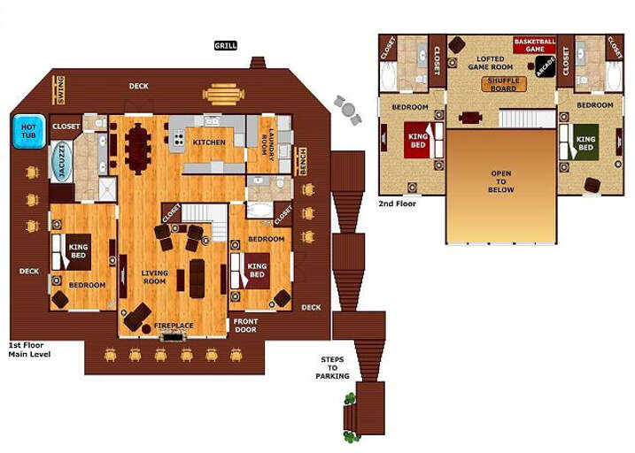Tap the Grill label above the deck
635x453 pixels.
tap(226, 45)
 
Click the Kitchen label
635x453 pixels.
tap(210, 142)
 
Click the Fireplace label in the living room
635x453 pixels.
tap(174, 326)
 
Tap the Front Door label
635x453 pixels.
tap(245, 326)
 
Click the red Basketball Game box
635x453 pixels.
tap(535, 44)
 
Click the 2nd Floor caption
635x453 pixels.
tap(398, 203)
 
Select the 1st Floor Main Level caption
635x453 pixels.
tap(27, 349)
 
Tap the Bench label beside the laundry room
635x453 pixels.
tap(303, 161)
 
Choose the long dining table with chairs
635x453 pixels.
tap(139, 147)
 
